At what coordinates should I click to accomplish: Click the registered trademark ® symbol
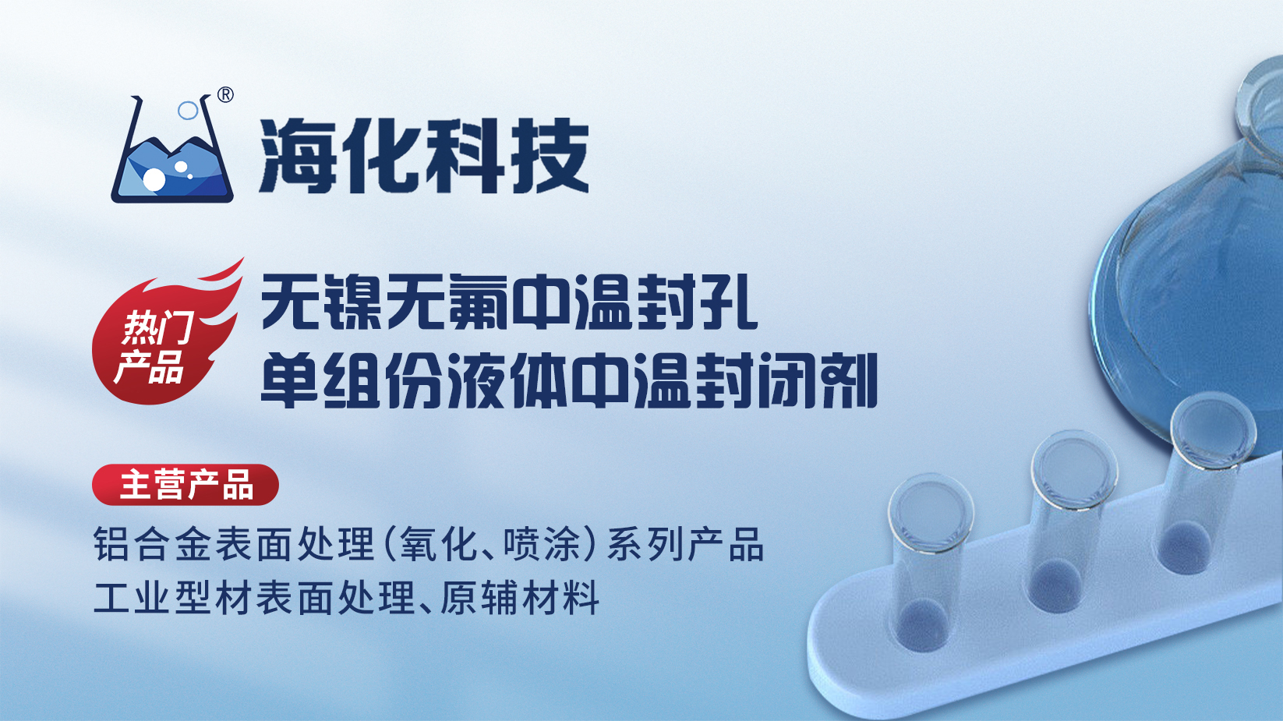[226, 95]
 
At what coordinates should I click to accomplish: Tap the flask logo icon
[172, 149]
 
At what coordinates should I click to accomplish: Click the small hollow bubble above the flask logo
[188, 111]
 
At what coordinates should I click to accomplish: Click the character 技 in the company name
[550, 156]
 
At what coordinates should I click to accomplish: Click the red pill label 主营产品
[186, 485]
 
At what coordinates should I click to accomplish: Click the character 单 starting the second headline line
[289, 380]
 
